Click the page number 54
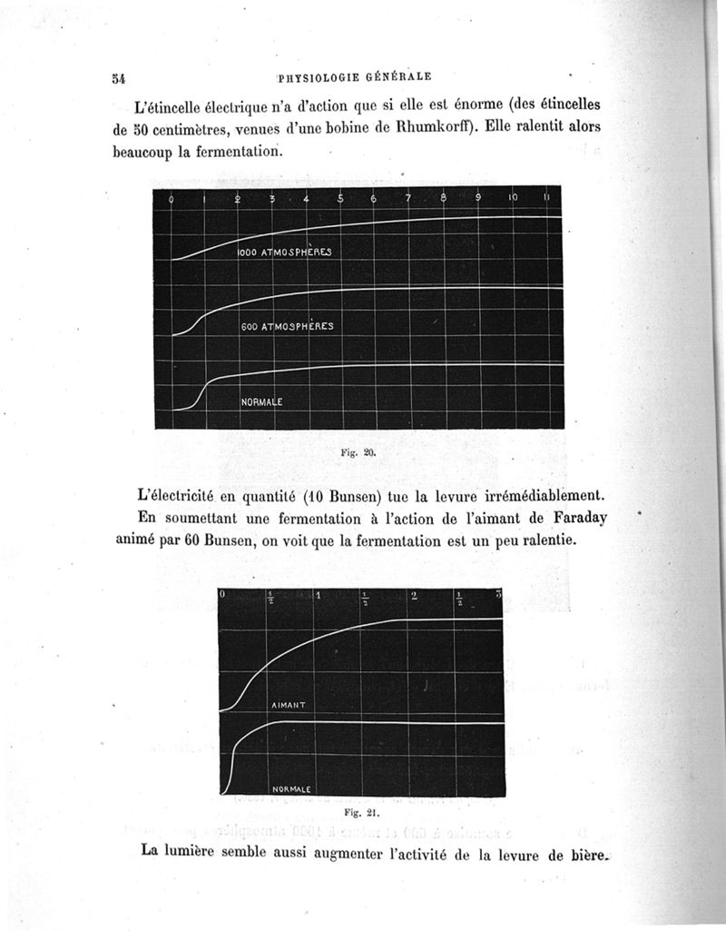pos(118,78)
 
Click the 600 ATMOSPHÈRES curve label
pos(287,326)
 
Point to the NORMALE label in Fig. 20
pos(261,401)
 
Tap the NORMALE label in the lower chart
pos(292,789)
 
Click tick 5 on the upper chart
pos(340,199)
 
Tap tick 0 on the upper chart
pos(172,199)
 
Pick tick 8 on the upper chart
pos(444,198)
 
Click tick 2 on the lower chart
pos(414,597)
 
